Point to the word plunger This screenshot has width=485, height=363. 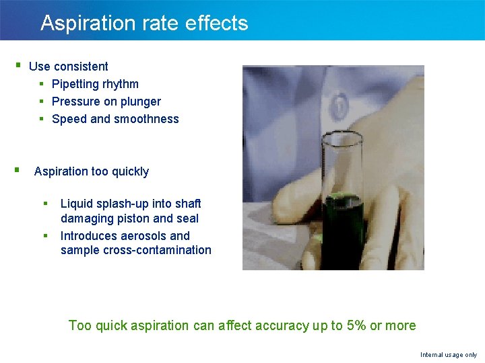click(141, 102)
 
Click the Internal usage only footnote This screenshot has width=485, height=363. click(448, 354)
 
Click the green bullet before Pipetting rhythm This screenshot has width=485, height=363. click(42, 83)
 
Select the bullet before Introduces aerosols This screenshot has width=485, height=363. click(46, 235)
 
